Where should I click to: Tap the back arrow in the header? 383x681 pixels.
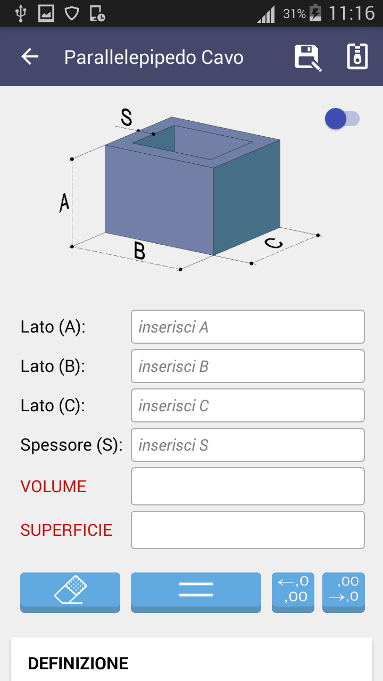30,56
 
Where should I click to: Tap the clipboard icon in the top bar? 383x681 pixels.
357,56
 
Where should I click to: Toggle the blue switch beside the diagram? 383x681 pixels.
342,119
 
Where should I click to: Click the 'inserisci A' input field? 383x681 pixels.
248,327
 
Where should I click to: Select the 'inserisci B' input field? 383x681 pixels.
248,366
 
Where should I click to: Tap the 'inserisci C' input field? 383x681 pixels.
248,405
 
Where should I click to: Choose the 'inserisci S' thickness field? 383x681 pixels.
248,445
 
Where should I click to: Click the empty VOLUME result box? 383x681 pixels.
248,486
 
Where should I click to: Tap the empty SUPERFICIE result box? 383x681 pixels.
248,530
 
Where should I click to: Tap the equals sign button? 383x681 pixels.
196,592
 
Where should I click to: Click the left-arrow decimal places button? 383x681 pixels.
293,592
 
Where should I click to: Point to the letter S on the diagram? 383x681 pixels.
127,118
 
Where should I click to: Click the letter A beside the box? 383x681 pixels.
64,203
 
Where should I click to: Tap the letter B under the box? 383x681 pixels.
139,251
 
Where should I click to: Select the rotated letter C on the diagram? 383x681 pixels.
273,243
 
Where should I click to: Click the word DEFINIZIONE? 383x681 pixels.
78,663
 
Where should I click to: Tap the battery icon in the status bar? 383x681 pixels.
315,13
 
